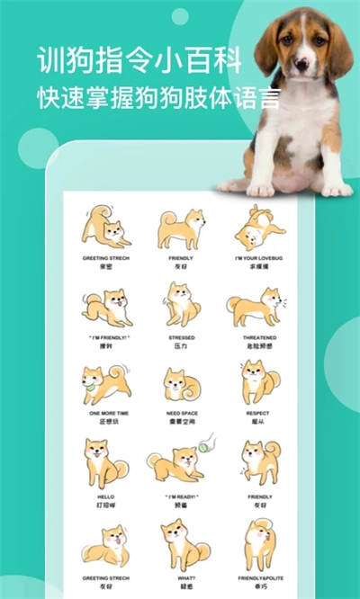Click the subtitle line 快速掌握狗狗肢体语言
click(158, 96)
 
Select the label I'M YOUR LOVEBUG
click(260, 259)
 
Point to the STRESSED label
click(182, 337)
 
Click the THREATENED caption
click(260, 337)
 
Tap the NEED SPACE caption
click(182, 414)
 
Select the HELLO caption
click(104, 496)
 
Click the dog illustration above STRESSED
click(182, 304)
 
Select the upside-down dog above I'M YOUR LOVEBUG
click(260, 227)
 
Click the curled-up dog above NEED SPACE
click(182, 385)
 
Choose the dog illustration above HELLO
click(104, 462)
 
